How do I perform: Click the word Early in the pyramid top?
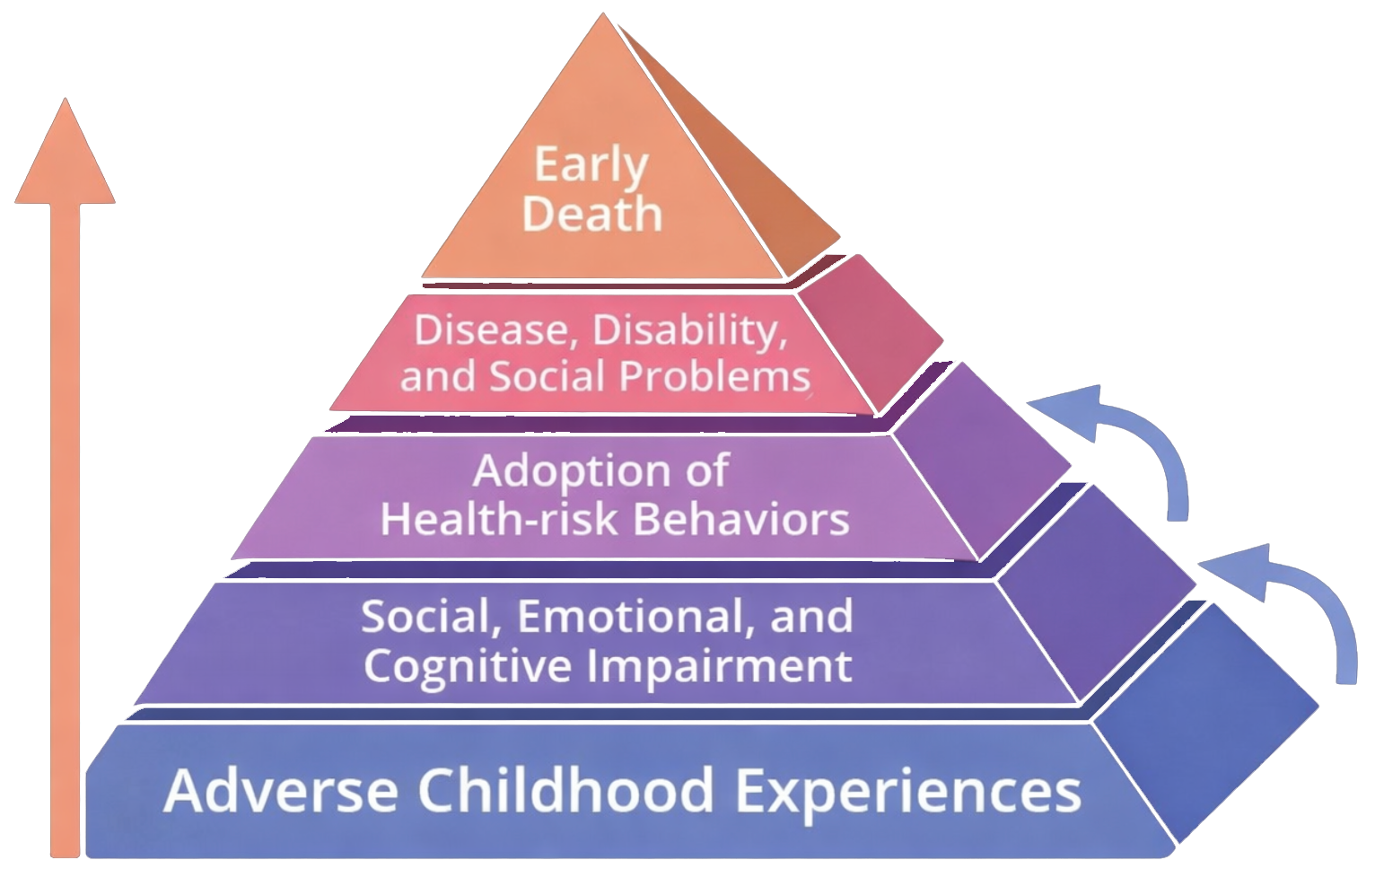click(x=591, y=166)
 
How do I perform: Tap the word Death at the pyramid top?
click(x=591, y=213)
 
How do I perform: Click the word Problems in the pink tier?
click(x=714, y=376)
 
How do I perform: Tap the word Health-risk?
click(x=498, y=518)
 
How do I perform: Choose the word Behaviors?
click(x=741, y=519)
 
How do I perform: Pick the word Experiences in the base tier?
click(x=908, y=792)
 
